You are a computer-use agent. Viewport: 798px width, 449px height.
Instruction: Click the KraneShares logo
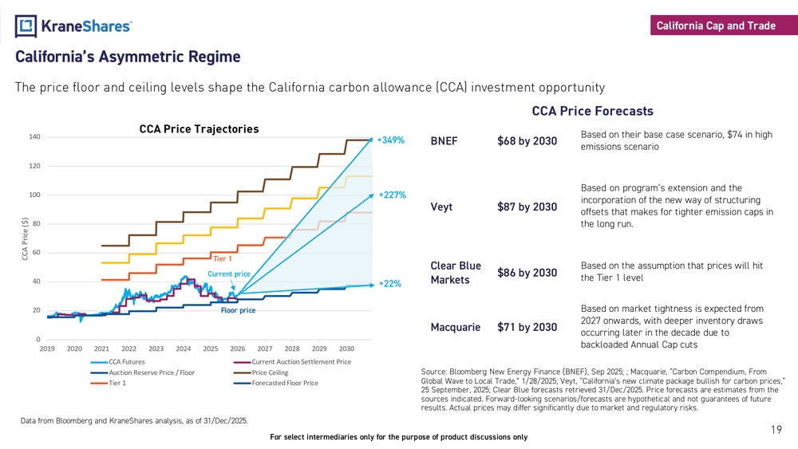point(73,26)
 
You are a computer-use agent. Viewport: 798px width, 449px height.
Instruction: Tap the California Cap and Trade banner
point(716,26)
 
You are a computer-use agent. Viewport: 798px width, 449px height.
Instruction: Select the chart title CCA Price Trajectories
point(199,128)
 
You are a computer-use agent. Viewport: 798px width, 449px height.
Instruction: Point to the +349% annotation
point(391,140)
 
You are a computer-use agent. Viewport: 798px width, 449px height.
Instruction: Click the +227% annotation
point(393,195)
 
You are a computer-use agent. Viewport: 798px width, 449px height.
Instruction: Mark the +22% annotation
point(389,283)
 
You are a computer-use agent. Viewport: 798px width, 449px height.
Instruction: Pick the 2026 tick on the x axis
point(238,349)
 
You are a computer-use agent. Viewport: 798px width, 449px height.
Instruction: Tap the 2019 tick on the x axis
point(47,349)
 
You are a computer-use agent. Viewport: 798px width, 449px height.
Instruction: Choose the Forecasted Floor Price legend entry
point(284,383)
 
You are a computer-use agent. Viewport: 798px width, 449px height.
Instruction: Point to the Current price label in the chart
point(229,274)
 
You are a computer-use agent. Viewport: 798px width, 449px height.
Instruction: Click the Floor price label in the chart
point(238,310)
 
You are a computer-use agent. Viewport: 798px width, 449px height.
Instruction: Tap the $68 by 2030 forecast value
point(527,141)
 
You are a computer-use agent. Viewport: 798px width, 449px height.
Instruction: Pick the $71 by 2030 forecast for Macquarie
point(527,327)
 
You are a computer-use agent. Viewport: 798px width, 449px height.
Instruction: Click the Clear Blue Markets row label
point(456,273)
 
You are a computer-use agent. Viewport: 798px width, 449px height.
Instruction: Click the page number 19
point(776,431)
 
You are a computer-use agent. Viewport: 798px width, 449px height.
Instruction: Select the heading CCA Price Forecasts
point(592,111)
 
